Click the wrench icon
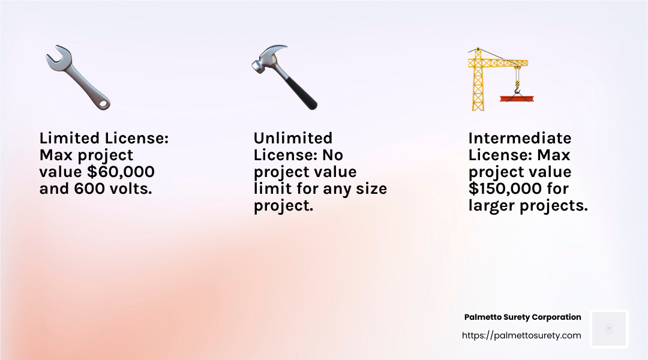pyautogui.click(x=77, y=77)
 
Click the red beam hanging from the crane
pyautogui.click(x=517, y=98)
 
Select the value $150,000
pyautogui.click(x=505, y=188)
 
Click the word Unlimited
pyautogui.click(x=293, y=137)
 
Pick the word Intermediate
pyautogui.click(x=520, y=137)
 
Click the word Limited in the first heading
pyautogui.click(x=70, y=137)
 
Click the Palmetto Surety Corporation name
pyautogui.click(x=523, y=317)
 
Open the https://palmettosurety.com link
pyautogui.click(x=521, y=335)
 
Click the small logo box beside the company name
pyautogui.click(x=609, y=329)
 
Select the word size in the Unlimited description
pyautogui.click(x=371, y=188)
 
